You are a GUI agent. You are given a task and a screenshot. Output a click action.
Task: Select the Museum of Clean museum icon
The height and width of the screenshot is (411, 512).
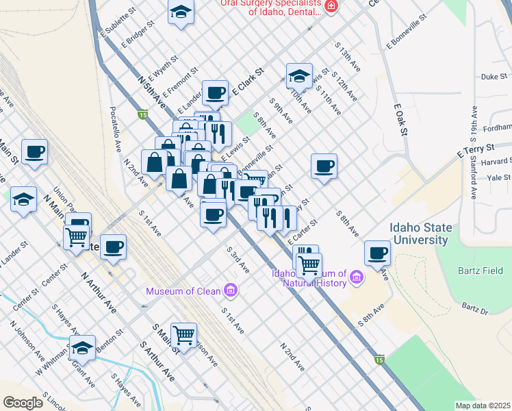231,291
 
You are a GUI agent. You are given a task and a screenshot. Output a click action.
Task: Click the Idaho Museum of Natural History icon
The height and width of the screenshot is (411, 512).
356,277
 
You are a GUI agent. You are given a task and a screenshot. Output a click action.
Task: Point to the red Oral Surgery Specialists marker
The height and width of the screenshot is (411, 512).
331,6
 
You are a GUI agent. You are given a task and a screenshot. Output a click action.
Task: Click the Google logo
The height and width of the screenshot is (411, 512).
23,402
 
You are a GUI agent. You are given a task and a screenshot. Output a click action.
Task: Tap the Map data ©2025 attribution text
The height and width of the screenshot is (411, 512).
483,406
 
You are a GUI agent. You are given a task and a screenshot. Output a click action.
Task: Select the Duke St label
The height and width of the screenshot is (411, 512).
491,77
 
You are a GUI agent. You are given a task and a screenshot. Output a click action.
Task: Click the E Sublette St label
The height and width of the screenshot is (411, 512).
114,25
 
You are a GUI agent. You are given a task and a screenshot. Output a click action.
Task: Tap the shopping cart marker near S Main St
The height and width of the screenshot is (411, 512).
183,335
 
